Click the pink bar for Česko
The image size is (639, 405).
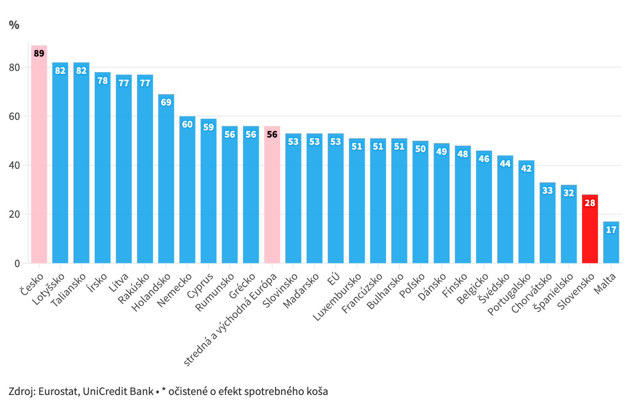tap(39, 160)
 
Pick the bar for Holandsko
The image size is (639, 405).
tap(166, 184)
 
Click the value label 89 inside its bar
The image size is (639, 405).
tap(39, 53)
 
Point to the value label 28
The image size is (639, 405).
tap(590, 203)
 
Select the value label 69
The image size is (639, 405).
tap(166, 102)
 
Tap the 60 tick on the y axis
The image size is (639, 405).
tap(14, 117)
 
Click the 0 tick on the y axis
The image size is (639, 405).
tap(17, 263)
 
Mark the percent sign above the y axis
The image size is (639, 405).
tap(14, 25)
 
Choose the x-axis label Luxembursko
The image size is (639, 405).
tap(338, 297)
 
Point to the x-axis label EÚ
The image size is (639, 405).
tap(334, 279)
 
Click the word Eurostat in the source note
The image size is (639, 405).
tap(59, 391)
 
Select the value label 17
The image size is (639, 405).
tap(611, 230)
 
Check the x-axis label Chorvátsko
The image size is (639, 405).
tap(532, 294)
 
